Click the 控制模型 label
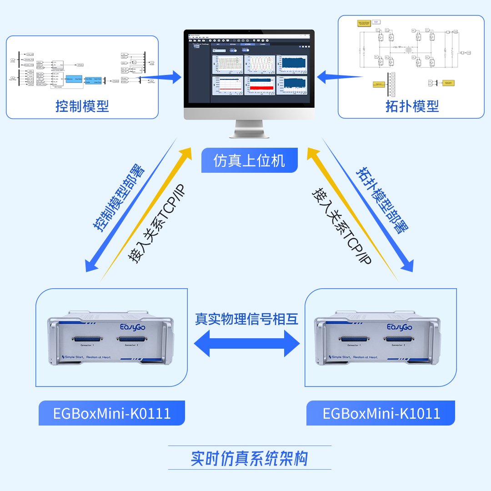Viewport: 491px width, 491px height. (x=82, y=106)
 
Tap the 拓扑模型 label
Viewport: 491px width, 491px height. (x=412, y=106)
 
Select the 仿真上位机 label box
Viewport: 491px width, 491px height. (x=249, y=160)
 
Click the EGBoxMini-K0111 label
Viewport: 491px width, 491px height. (x=112, y=413)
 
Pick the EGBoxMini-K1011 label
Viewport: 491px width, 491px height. (x=381, y=413)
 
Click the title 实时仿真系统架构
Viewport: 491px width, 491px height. (x=249, y=458)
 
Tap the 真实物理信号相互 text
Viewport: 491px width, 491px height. (x=246, y=319)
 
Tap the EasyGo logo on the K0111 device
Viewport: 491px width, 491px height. (x=132, y=327)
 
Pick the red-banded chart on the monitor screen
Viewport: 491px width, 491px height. (x=260, y=85)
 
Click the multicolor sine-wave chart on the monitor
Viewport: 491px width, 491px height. (x=260, y=64)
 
